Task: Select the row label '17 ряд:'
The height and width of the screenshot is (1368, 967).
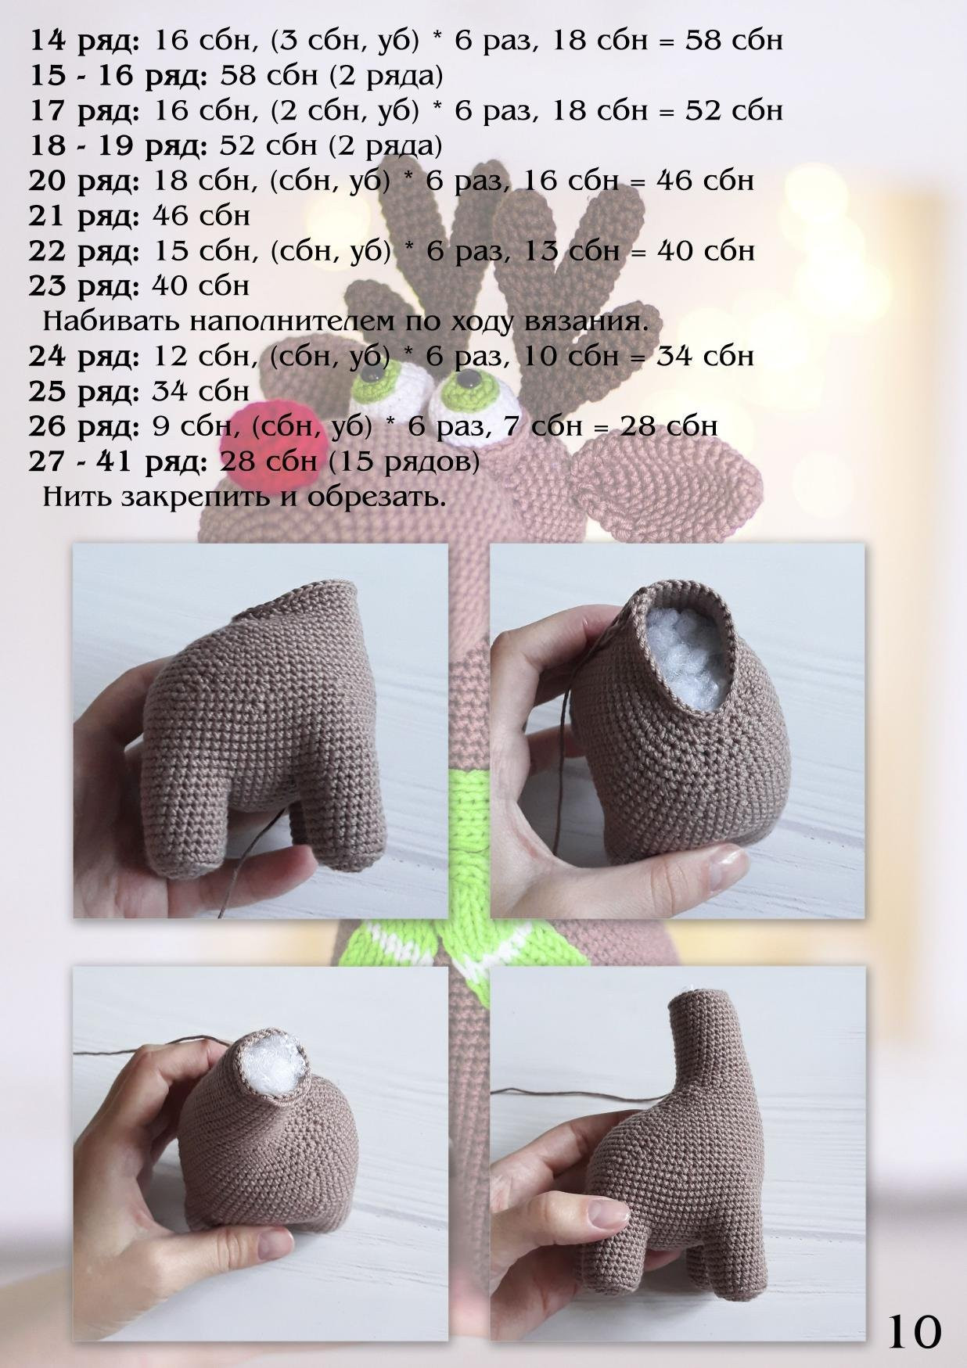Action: point(84,111)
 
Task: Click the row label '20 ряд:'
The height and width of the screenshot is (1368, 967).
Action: point(84,181)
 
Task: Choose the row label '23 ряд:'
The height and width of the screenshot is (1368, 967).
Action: point(84,287)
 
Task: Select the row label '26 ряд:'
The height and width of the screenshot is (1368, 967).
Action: point(84,427)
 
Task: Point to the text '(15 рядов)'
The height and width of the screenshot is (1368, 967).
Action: point(403,462)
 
